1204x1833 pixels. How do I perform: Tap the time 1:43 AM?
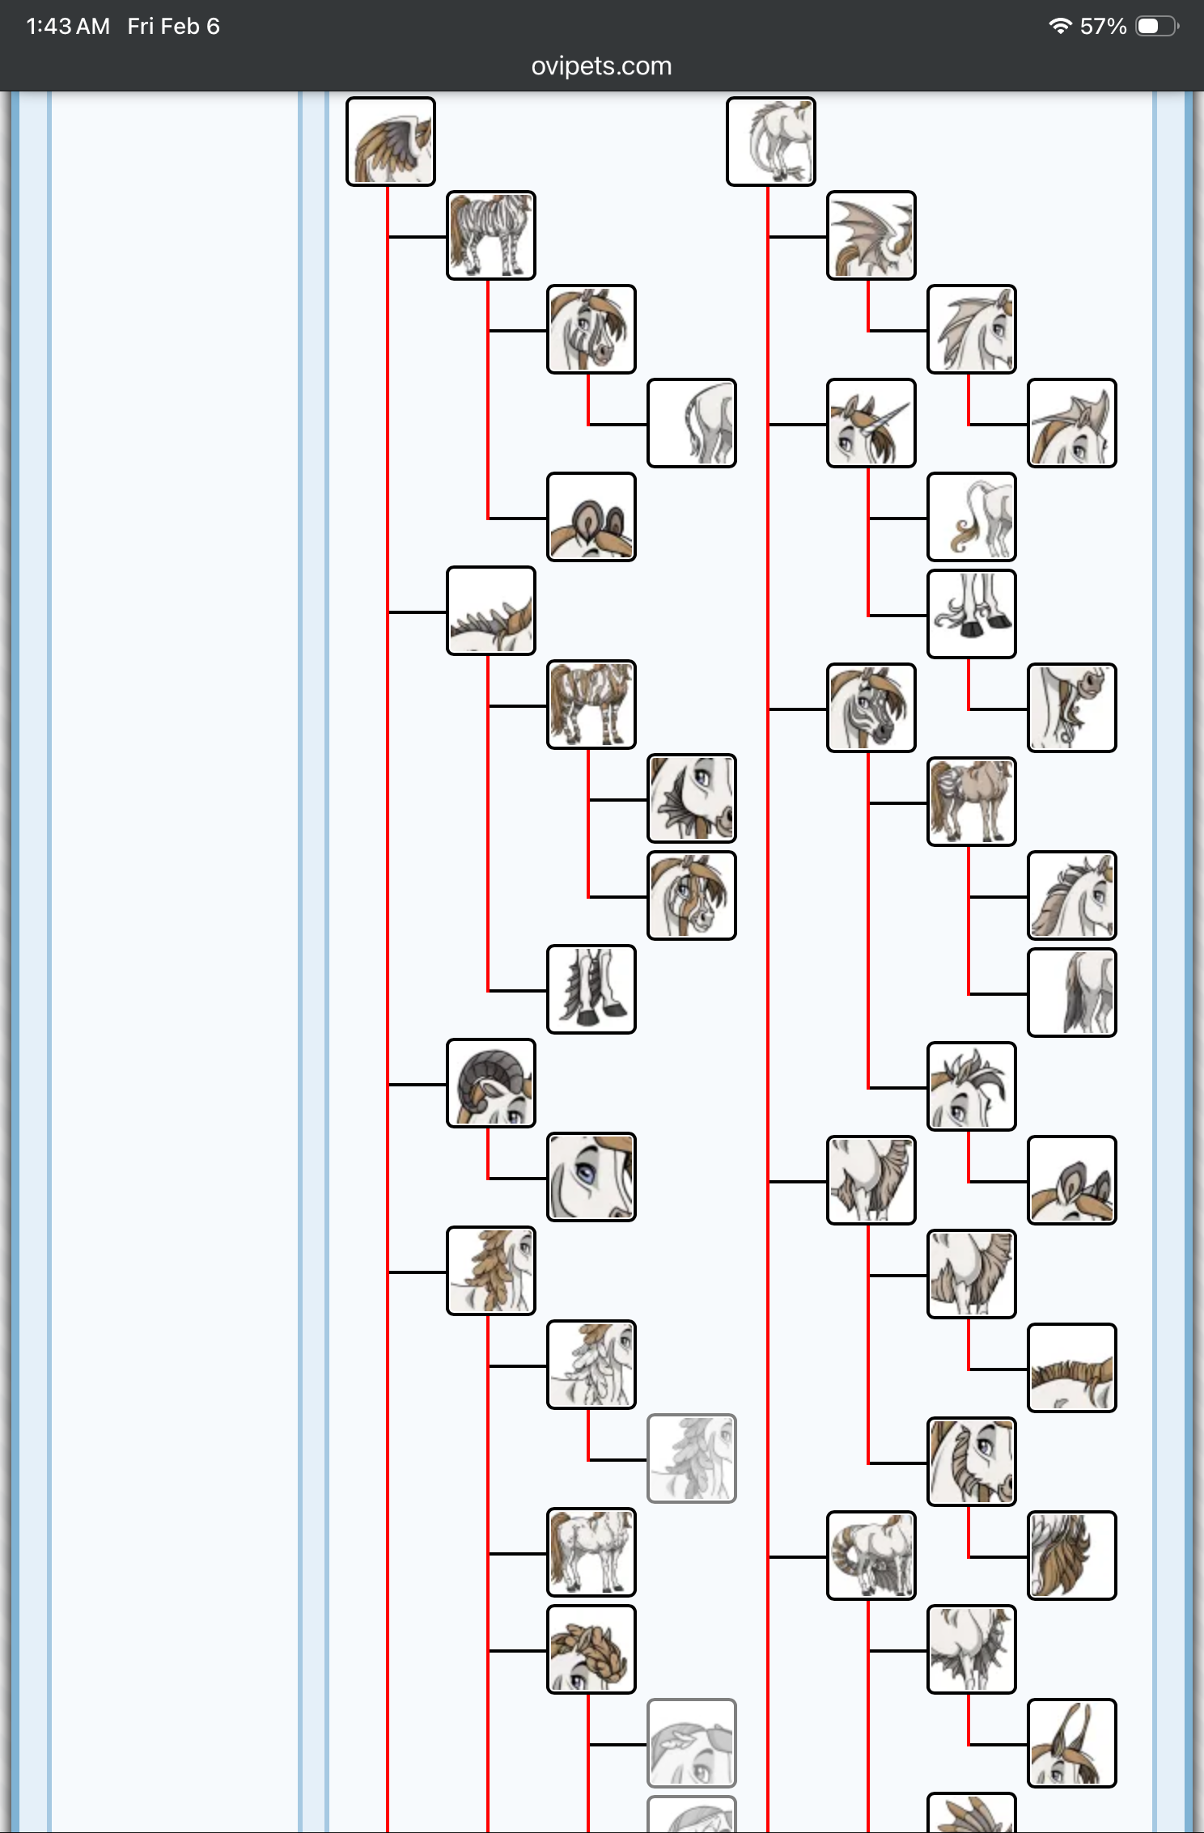pos(68,27)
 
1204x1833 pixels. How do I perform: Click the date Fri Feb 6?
pos(173,27)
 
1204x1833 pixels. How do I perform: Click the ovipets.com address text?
pos(601,66)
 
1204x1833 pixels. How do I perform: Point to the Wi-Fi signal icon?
pos(1059,26)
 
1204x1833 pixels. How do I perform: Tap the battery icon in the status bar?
pos(1156,26)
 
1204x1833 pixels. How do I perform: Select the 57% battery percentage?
pos(1103,27)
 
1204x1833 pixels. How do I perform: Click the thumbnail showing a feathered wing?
pos(391,142)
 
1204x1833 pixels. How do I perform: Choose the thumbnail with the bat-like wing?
pos(871,235)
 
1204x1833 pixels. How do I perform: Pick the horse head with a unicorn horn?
pos(871,423)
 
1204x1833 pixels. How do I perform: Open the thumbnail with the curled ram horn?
pos(491,1083)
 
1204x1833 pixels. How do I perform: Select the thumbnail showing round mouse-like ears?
pos(591,517)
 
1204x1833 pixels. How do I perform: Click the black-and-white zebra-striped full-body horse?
pos(491,235)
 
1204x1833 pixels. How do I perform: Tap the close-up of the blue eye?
pos(591,1177)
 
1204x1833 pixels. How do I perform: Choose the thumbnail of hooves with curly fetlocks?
pos(971,614)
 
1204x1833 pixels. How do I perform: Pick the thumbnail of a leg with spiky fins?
pos(591,989)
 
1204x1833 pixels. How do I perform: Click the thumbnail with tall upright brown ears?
pos(1071,1743)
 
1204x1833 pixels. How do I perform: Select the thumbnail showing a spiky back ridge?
pos(491,611)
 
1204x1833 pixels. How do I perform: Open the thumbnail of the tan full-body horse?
pos(971,802)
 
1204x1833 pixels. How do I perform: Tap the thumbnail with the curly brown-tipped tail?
pos(971,517)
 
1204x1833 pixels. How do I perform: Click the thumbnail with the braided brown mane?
pos(591,1649)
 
